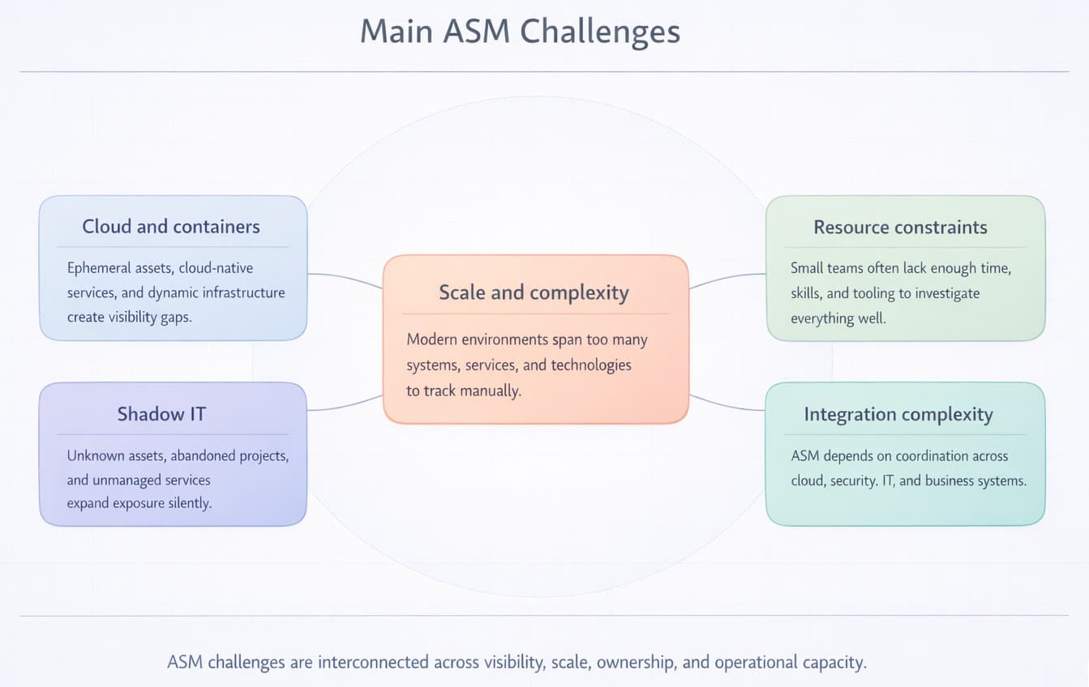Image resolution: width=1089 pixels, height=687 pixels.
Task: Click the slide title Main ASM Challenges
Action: pyautogui.click(x=520, y=32)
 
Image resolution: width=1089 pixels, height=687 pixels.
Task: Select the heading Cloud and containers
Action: pyautogui.click(x=171, y=227)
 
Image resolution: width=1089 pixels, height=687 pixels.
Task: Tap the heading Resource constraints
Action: pyautogui.click(x=900, y=228)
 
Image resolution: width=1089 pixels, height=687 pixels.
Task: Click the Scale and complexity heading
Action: pyautogui.click(x=534, y=292)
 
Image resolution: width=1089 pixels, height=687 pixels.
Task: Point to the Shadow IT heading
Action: pyautogui.click(x=161, y=414)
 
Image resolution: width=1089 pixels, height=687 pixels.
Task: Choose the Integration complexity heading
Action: pyautogui.click(x=898, y=415)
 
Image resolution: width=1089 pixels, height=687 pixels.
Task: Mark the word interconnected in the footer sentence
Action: pyautogui.click(x=373, y=662)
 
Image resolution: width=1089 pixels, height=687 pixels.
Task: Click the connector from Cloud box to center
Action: pyautogui.click(x=345, y=279)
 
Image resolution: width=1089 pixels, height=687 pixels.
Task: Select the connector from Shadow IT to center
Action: pyautogui.click(x=345, y=404)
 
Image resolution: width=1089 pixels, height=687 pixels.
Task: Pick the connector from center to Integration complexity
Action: pyautogui.click(x=727, y=404)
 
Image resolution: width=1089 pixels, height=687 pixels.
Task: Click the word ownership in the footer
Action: pyautogui.click(x=636, y=662)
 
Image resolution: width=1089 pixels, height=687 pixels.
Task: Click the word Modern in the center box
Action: pyautogui.click(x=432, y=339)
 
